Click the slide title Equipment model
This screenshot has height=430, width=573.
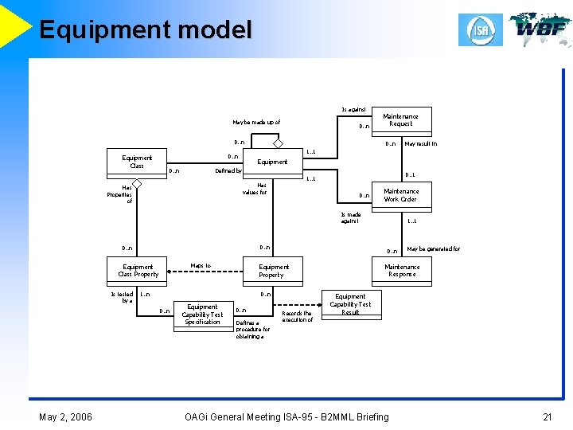tap(145, 30)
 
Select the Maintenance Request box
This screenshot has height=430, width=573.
tap(401, 120)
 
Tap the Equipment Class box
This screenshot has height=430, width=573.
tap(137, 162)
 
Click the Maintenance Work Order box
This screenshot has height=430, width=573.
tap(401, 195)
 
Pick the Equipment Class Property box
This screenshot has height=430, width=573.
tap(138, 271)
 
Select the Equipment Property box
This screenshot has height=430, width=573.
tap(273, 271)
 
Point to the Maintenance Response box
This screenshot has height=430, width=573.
tap(402, 271)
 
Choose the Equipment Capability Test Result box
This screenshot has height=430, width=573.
tap(350, 304)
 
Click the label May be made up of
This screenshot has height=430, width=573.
tap(256, 123)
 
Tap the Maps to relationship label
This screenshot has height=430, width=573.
tap(201, 266)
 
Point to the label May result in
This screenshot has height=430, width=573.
tap(420, 144)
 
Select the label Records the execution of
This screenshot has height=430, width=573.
tap(298, 316)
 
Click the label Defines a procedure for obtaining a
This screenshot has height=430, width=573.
tap(253, 329)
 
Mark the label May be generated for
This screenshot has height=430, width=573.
tap(433, 249)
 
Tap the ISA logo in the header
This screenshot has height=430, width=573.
tap(480, 29)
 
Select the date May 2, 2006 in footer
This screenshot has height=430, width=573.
tap(65, 416)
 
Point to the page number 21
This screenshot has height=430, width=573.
tap(547, 416)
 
